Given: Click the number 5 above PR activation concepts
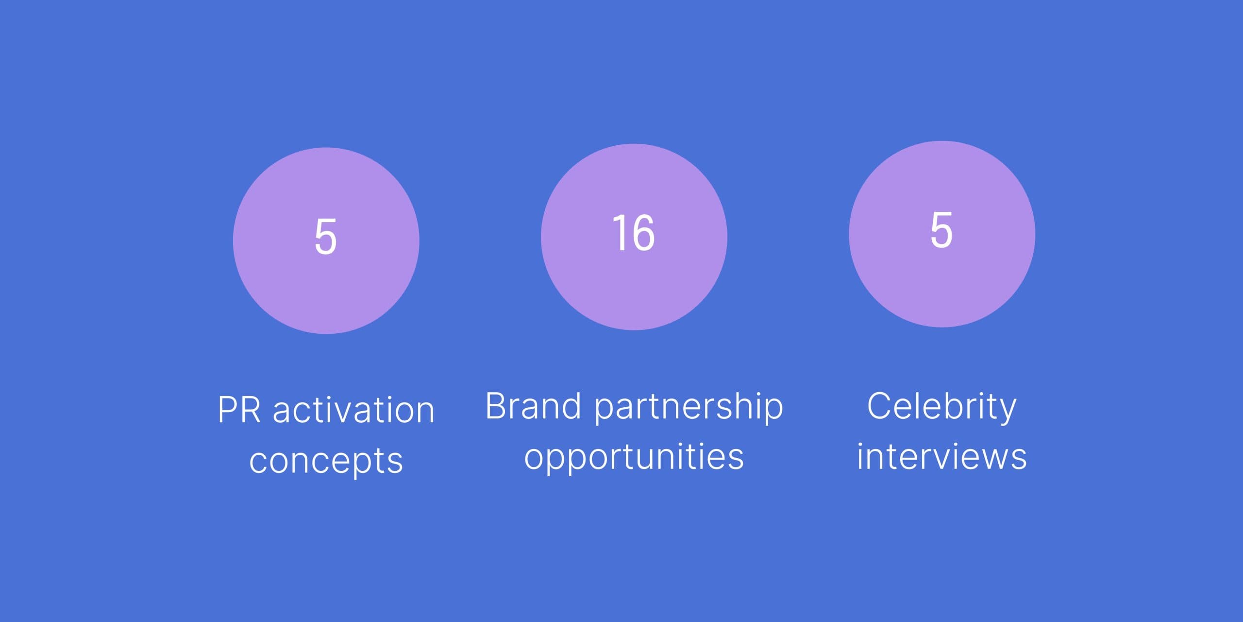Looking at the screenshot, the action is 326,237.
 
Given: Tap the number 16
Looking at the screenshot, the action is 634,233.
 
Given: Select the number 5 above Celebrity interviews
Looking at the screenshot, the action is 941,230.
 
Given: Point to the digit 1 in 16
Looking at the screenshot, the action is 619,233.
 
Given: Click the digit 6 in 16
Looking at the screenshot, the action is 643,233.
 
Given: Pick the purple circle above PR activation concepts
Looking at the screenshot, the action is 326,241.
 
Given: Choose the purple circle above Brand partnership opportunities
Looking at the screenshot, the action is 634,237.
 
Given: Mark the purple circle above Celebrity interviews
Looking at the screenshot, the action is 942,234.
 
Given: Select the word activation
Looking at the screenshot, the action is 353,409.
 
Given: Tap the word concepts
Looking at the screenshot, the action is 326,461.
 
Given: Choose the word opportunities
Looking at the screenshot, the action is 634,457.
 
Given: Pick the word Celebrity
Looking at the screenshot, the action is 941,407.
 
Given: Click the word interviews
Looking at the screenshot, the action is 941,456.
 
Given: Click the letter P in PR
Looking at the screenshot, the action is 227,410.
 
